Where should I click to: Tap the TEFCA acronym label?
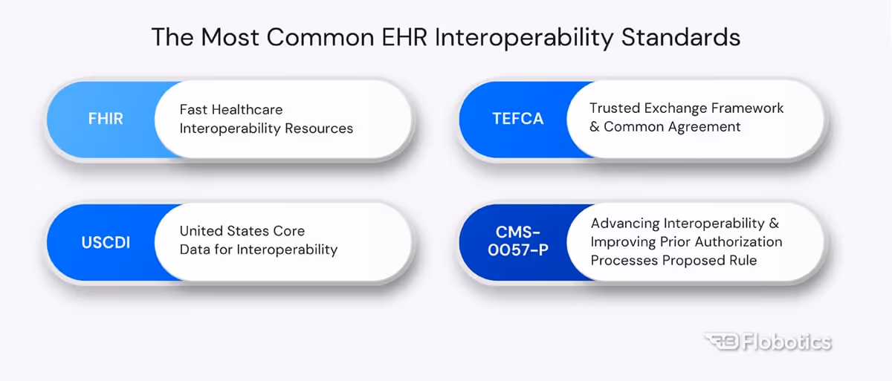click(517, 119)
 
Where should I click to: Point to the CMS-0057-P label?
click(518, 242)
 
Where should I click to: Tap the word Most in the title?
click(230, 37)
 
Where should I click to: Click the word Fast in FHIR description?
click(195, 110)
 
